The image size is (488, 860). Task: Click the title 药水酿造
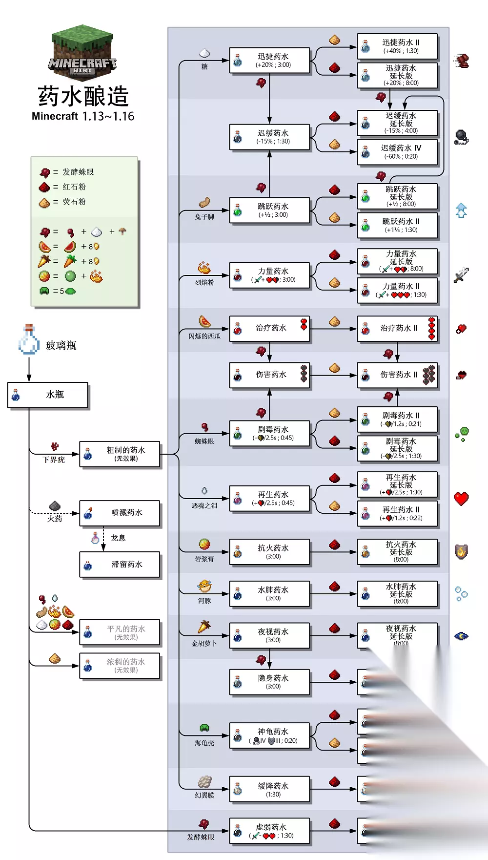83,96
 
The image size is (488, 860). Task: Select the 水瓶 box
48,395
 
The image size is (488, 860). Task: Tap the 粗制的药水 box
120,454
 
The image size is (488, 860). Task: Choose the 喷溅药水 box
120,513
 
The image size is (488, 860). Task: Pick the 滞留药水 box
120,565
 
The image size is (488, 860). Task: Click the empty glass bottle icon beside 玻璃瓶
29,340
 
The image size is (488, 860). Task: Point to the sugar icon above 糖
204,52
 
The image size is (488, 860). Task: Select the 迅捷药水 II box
397,46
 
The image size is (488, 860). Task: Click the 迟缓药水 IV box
397,152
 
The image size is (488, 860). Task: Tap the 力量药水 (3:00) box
269,275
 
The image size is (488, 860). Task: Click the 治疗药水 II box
397,328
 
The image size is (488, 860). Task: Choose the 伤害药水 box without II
269,375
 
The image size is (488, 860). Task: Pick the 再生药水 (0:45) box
269,498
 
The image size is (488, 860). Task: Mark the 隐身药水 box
269,682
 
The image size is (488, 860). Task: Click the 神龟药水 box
269,735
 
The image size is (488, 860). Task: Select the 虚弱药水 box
269,831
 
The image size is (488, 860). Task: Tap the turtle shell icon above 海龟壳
204,728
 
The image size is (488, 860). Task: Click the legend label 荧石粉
74,202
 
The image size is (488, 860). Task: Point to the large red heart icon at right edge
461,499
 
